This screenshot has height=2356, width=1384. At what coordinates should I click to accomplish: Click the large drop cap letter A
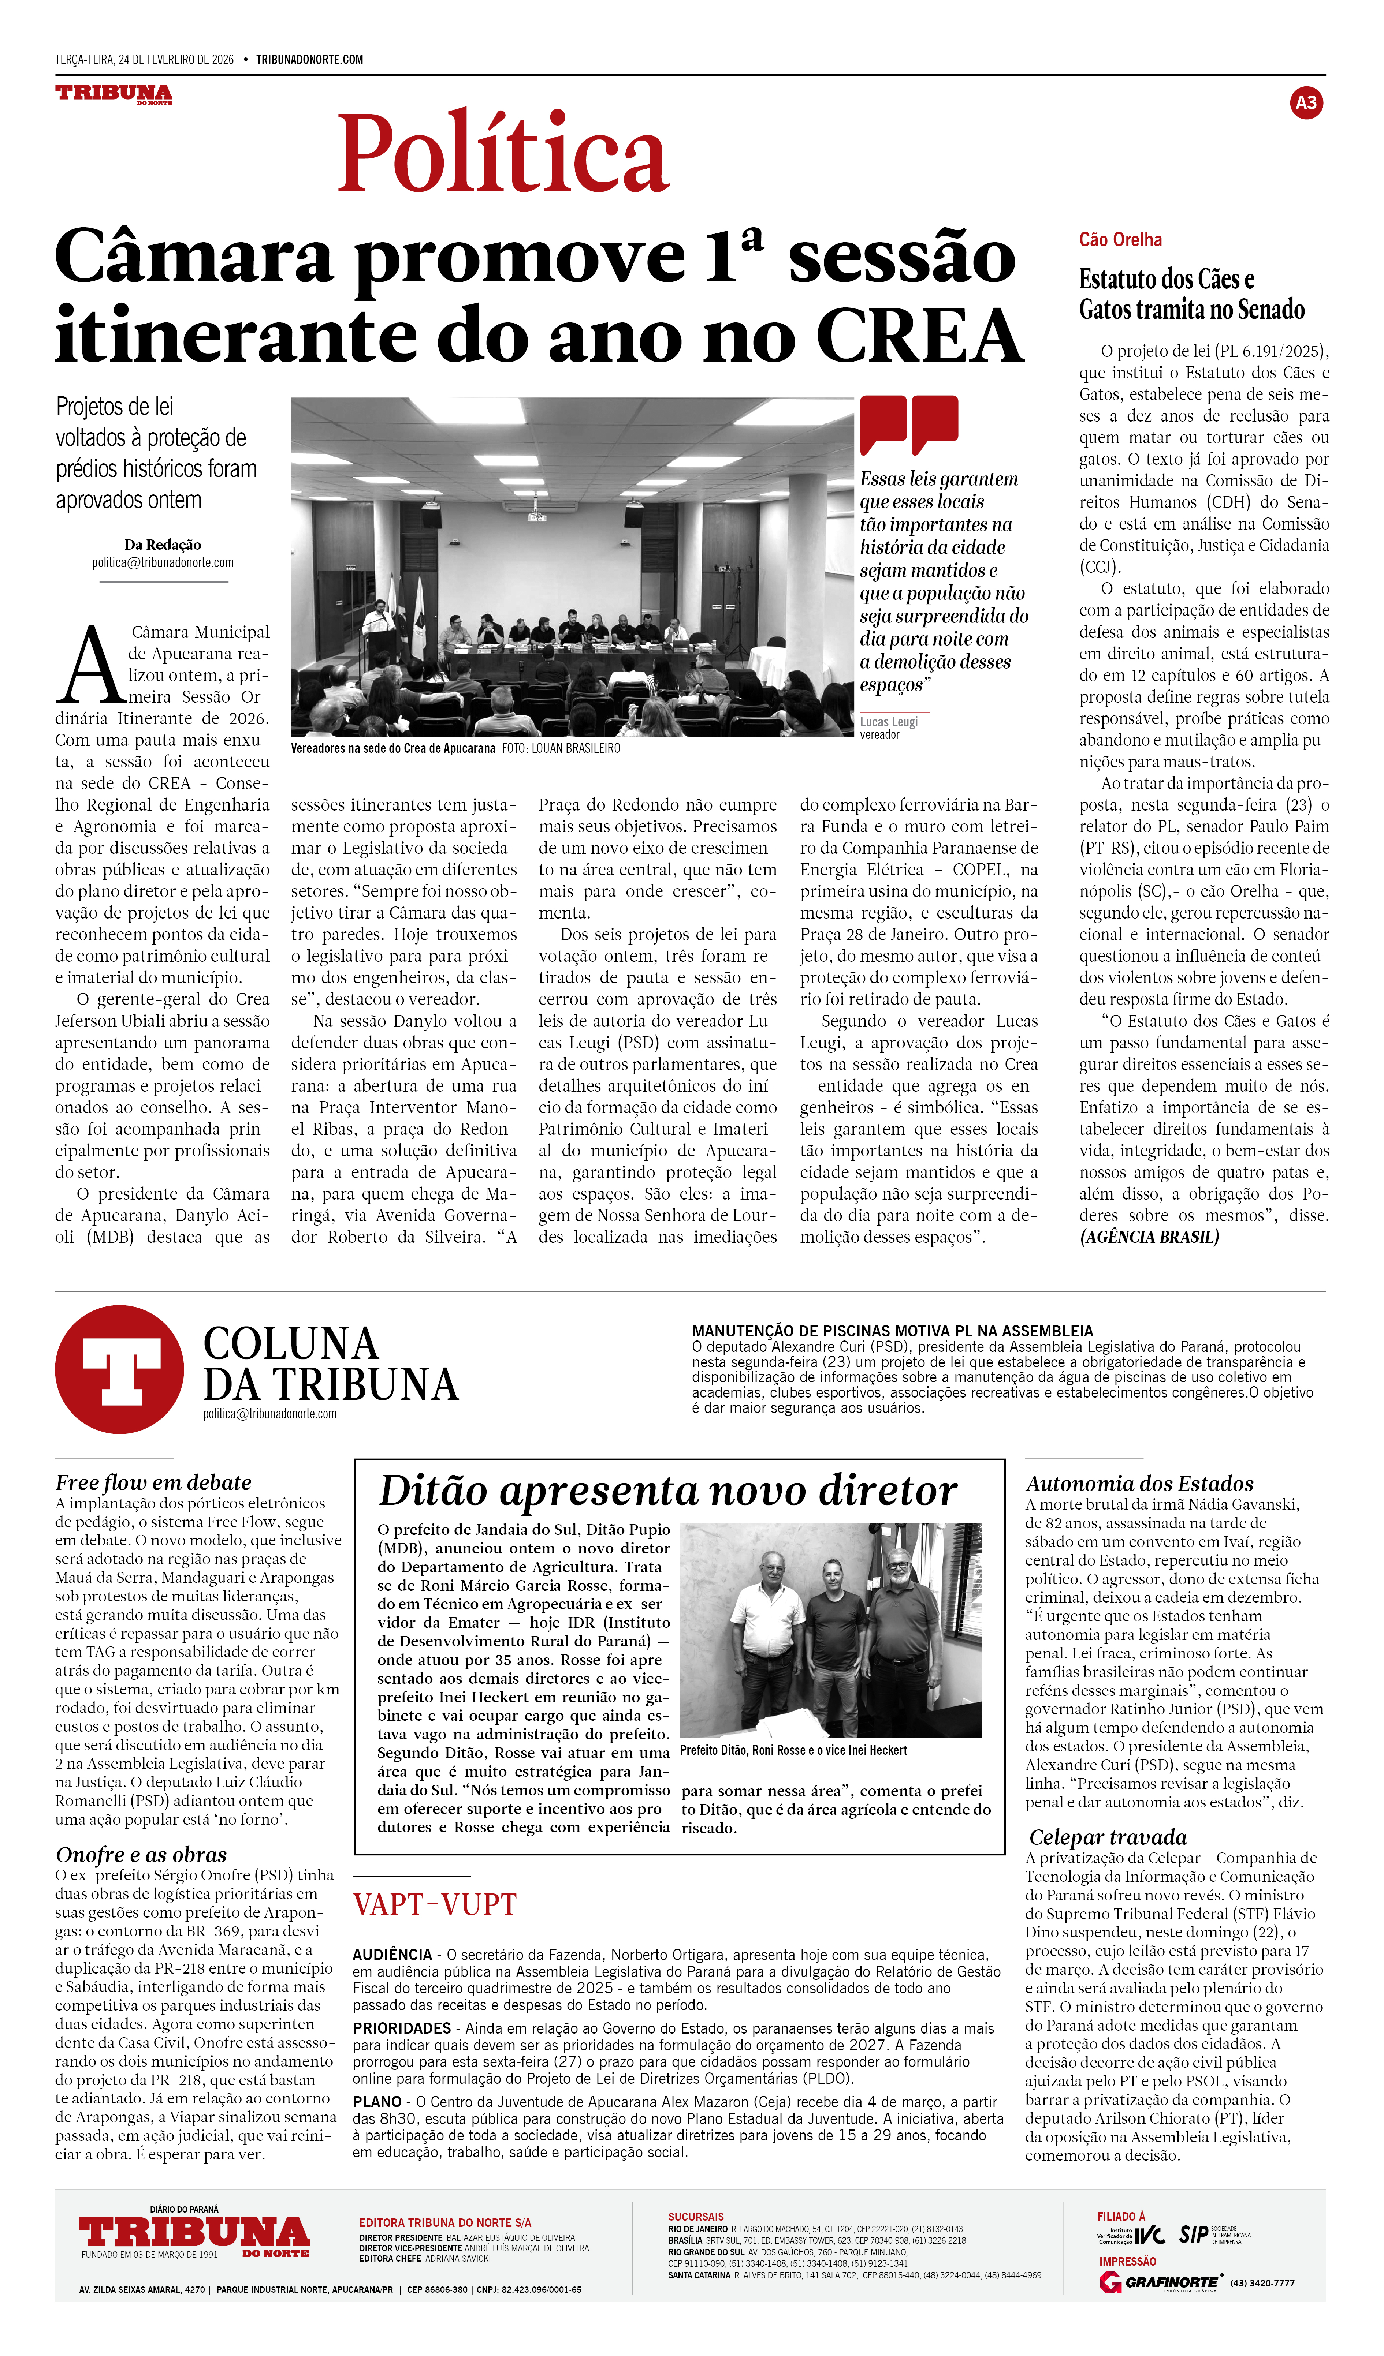(x=91, y=666)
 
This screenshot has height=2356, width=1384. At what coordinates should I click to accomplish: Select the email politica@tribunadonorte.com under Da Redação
(x=163, y=563)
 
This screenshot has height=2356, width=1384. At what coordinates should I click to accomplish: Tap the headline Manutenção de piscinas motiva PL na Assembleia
(x=892, y=1330)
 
